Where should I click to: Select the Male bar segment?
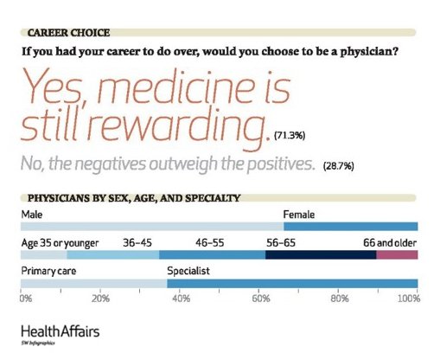point(151,226)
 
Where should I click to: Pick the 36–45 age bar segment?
point(112,255)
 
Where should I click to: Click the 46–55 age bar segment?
point(212,255)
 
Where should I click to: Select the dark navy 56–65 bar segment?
point(321,255)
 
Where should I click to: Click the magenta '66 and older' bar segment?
point(397,255)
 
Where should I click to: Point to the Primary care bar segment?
point(92,283)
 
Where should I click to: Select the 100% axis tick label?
point(407,299)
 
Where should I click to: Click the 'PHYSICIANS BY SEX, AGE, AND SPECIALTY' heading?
point(134,197)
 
